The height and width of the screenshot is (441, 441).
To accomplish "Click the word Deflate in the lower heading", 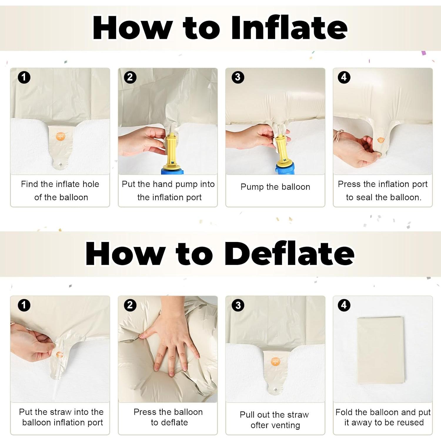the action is [289, 253].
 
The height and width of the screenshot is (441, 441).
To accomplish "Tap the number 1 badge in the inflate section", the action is [24, 77].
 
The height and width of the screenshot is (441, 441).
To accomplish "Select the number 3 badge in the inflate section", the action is [238, 77].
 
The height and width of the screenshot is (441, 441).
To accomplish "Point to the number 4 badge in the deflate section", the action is [344, 305].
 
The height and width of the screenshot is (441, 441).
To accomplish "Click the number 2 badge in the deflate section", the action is [130, 305].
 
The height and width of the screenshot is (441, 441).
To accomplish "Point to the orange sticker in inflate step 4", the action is [380, 140].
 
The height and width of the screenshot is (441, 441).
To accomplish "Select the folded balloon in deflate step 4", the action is [380, 350].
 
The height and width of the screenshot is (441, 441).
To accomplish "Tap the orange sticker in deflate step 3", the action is [275, 361].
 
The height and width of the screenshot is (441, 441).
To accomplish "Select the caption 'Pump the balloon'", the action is [275, 187].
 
